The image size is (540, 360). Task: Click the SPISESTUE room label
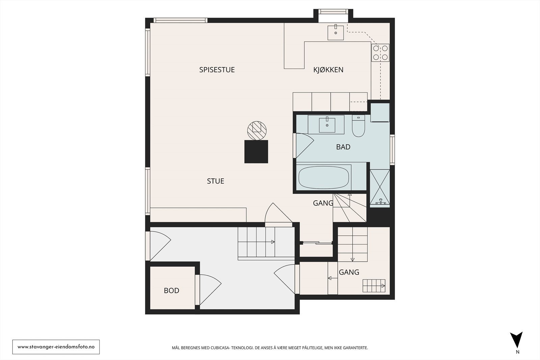point(217,70)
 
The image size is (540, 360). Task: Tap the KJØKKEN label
point(328,70)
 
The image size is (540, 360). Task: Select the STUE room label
point(216,181)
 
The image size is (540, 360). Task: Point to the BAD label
point(343,147)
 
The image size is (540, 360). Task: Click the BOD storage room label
point(171,290)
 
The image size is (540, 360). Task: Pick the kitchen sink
point(335,32)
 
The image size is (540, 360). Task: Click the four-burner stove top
point(380,53)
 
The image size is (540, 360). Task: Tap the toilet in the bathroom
point(358,126)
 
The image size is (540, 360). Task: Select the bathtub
point(324,178)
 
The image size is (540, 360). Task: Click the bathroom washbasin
point(327,125)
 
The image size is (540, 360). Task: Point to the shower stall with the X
point(380,188)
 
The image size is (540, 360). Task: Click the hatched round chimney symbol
point(257,131)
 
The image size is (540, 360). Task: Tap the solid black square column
point(256,152)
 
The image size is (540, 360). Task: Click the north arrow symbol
point(516,340)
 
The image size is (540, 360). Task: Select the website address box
point(56,347)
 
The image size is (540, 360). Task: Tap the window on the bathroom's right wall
point(392,150)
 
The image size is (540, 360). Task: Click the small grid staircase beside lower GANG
point(374,286)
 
